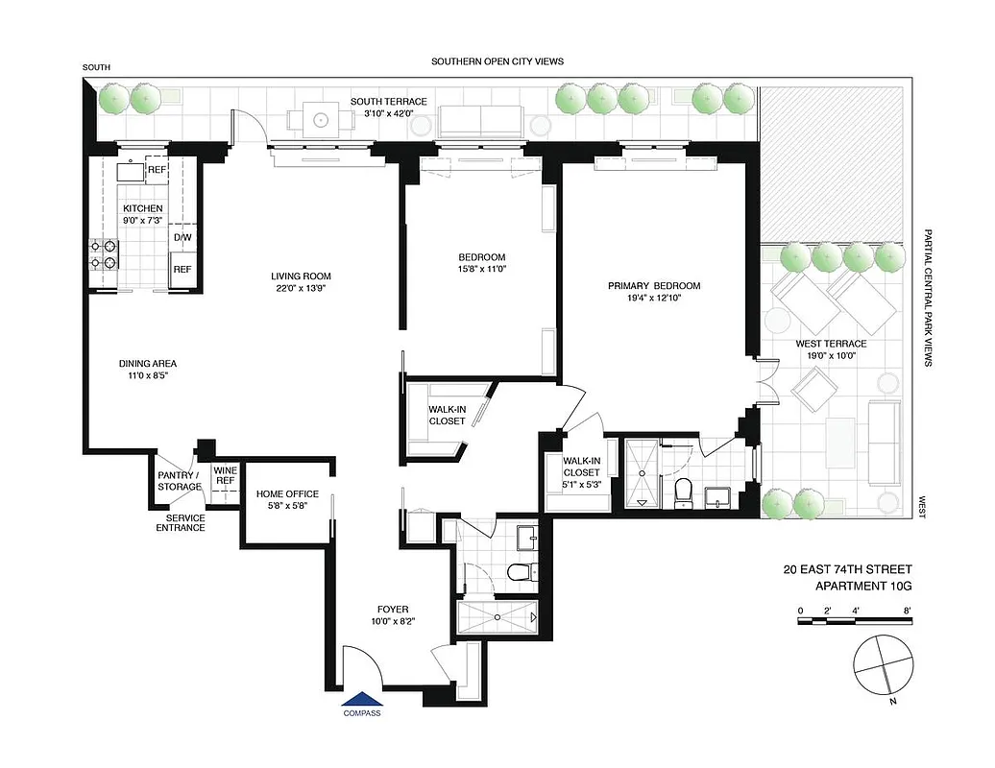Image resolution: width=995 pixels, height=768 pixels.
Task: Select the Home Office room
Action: pos(281,500)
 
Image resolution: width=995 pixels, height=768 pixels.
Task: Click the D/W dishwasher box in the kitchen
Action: pos(182,237)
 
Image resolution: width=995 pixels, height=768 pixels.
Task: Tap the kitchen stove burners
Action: pos(104,253)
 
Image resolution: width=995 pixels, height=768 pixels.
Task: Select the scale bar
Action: pos(854,622)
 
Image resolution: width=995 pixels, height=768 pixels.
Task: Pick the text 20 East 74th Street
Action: pos(847,569)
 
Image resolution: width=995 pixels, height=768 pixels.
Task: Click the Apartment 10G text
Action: pos(862,586)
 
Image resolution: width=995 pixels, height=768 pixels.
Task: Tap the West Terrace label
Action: pos(831,344)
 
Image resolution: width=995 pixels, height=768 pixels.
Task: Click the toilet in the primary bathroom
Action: pos(685,492)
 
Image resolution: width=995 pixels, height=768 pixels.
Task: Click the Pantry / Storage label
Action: pos(180,481)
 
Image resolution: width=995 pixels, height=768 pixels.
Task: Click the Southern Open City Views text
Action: pos(497,61)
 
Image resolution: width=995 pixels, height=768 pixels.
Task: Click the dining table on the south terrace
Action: pos(318,120)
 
